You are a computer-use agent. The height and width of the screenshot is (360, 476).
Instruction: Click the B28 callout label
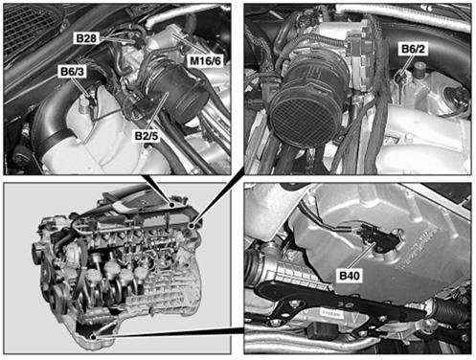tap(86, 38)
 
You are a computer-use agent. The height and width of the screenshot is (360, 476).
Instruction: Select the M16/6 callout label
tap(205, 60)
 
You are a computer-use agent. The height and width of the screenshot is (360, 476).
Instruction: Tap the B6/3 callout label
tap(72, 72)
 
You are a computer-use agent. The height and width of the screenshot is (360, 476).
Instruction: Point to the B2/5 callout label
tap(147, 136)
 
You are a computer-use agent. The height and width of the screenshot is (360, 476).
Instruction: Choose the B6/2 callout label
tap(413, 49)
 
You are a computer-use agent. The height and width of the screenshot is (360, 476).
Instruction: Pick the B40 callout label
tap(350, 275)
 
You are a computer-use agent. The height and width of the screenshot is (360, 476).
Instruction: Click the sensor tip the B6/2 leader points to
tap(399, 78)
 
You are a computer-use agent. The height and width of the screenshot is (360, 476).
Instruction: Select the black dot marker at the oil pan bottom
tap(94, 337)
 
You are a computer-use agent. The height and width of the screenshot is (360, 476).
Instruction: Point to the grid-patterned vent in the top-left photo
tap(31, 29)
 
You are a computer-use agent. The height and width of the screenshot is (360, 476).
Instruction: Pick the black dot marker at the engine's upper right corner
tap(192, 226)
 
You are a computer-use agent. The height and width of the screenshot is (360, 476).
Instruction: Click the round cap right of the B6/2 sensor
tap(419, 70)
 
